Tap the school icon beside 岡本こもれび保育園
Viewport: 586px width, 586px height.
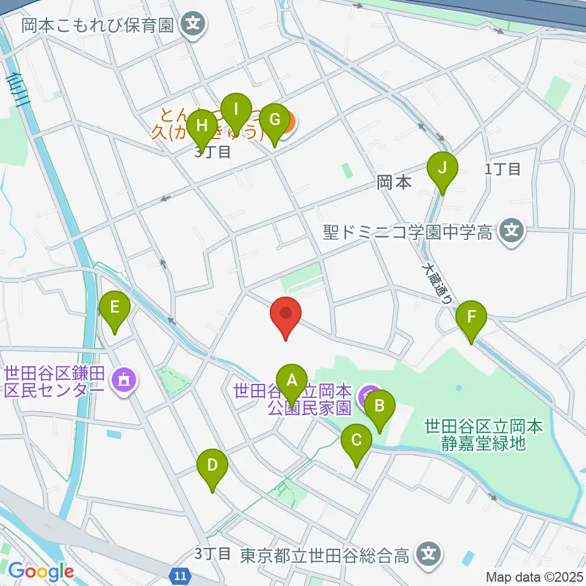(x=194, y=25)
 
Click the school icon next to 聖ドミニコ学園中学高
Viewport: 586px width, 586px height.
(x=511, y=231)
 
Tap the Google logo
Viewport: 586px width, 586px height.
(x=41, y=572)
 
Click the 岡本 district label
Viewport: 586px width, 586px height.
(x=394, y=182)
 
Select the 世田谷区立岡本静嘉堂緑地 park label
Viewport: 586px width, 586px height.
(x=483, y=434)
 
